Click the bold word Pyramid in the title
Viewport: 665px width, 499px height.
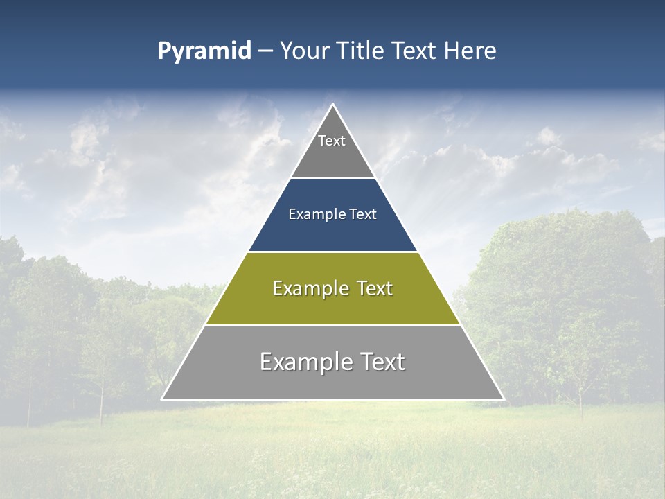(x=204, y=51)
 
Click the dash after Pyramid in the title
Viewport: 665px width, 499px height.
(x=265, y=51)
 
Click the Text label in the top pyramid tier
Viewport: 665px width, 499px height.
(x=332, y=141)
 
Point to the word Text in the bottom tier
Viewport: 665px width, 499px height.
(x=380, y=362)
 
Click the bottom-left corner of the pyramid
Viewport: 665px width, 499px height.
(x=163, y=399)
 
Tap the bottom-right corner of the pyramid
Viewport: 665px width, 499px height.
(x=503, y=399)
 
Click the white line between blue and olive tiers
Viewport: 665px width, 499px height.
(x=332, y=252)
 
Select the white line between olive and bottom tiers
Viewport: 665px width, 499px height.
(x=332, y=325)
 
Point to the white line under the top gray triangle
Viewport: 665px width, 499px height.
(x=332, y=178)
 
